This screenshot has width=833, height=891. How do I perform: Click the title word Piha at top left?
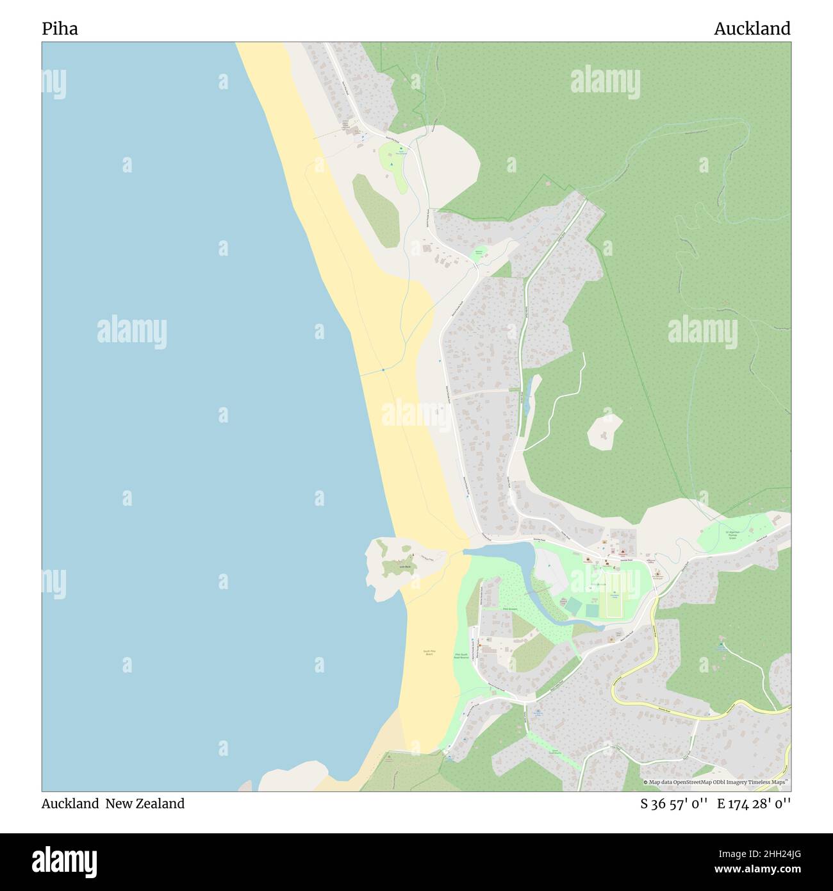(x=60, y=29)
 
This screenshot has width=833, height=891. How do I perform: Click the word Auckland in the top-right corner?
(x=752, y=29)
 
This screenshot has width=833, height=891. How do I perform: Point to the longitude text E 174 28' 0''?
(x=754, y=803)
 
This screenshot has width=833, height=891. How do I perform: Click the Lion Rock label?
(x=404, y=567)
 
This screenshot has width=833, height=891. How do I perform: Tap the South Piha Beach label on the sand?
(x=429, y=653)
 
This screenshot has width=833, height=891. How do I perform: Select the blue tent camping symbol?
(x=392, y=163)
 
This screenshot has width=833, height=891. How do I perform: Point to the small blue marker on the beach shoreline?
(x=383, y=370)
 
